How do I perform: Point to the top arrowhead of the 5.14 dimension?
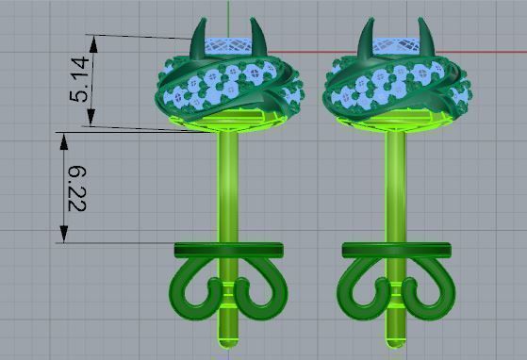[91, 41]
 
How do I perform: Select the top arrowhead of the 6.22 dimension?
[63, 138]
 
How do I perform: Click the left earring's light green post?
[228, 188]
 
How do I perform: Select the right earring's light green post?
[394, 188]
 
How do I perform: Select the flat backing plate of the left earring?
[228, 249]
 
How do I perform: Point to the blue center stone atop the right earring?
[394, 43]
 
